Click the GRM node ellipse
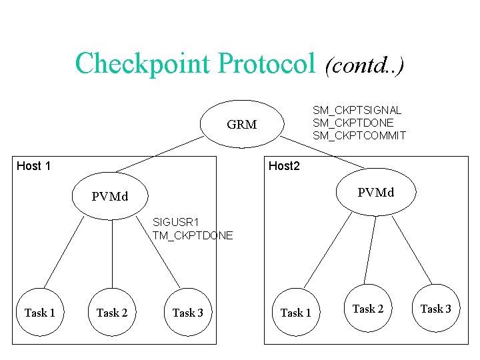241,125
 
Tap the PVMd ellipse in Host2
375,193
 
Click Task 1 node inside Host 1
39,312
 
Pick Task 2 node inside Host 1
111,312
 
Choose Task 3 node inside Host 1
187,312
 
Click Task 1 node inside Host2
295,312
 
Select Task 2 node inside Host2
367,309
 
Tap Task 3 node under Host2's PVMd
435,309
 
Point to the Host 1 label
33,166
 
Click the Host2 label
284,166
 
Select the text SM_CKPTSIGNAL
357,110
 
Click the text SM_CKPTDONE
353,123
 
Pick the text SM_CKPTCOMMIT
359,135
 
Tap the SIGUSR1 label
174,222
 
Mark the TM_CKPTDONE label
193,235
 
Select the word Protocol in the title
266,64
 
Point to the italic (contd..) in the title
363,65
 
